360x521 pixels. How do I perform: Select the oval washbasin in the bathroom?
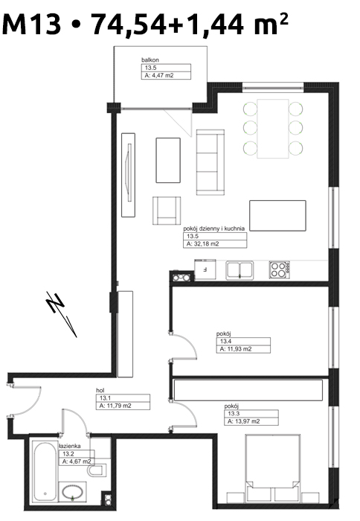point(73,492)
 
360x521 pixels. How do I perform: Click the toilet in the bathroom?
point(97,470)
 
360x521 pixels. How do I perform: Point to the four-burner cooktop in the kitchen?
point(279,269)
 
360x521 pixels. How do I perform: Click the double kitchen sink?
point(240,269)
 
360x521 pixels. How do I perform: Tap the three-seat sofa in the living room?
point(210,162)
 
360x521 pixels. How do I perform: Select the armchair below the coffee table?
point(167,211)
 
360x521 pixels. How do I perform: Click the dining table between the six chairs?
point(273,129)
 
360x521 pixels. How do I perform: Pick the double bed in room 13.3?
point(273,468)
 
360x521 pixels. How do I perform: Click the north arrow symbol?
point(62,314)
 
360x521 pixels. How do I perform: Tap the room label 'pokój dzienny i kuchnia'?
point(214,228)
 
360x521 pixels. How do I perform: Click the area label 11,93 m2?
point(236,349)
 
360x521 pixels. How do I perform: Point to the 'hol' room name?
point(100,391)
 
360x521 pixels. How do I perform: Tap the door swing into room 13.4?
point(187,344)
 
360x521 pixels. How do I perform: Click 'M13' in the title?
point(32,24)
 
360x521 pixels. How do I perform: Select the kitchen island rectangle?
point(277,215)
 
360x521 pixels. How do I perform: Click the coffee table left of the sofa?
point(168,160)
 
